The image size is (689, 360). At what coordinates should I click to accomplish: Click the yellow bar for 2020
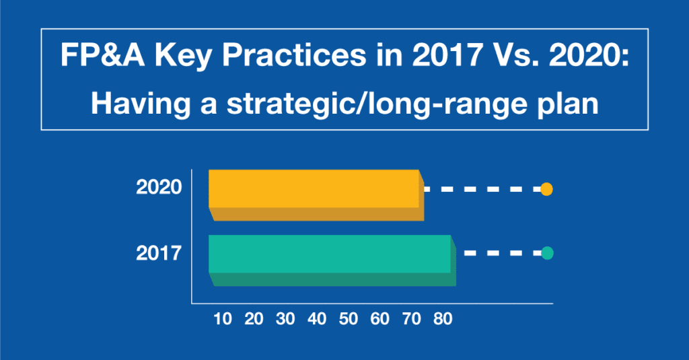coord(316,194)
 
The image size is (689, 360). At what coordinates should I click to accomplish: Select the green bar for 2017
coord(332,260)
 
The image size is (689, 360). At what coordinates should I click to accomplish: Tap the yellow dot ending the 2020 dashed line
coord(546,189)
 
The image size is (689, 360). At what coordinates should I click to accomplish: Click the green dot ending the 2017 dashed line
coord(547,253)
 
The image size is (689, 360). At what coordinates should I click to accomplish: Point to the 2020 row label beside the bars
coord(159,187)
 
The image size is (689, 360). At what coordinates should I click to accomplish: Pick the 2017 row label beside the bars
coord(159,253)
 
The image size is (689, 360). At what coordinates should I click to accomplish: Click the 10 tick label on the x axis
coord(222,319)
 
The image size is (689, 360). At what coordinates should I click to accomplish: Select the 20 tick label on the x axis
coord(254,319)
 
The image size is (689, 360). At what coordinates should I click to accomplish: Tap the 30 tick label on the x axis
coord(285,319)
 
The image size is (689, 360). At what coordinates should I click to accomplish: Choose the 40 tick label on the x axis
coord(317,319)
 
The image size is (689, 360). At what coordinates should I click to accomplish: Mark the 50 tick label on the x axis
coord(348,319)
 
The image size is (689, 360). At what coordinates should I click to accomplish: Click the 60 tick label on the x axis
coord(379,319)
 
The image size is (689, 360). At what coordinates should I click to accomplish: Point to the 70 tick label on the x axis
coord(411,319)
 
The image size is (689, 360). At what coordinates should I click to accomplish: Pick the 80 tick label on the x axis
coord(443,319)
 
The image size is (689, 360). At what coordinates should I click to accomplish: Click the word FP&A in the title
coord(102,55)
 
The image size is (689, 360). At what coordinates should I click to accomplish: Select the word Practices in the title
coord(293,55)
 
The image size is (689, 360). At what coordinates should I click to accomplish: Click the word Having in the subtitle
coord(141,104)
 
